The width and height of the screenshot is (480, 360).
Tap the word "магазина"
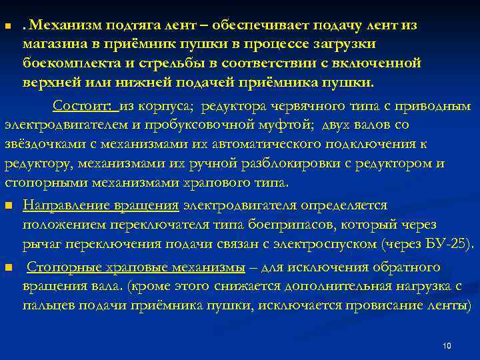click(54, 45)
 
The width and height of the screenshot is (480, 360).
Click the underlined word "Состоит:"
click(85, 106)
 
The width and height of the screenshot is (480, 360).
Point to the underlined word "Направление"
click(66, 205)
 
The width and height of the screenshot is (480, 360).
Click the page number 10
click(447, 345)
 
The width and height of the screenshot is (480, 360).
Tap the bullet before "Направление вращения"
click(8, 205)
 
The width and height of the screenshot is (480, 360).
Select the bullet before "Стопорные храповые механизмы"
click(8, 268)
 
